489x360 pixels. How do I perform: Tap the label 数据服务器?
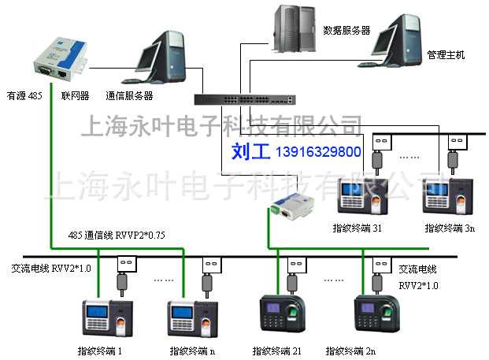coord(346,31)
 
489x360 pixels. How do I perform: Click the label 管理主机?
coord(446,56)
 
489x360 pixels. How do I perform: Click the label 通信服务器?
coord(129,96)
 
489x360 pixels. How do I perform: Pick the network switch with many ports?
coord(245,99)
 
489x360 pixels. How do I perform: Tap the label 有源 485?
coord(24,96)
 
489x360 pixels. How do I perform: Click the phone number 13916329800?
coord(319,150)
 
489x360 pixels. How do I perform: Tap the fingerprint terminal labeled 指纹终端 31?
coord(364,198)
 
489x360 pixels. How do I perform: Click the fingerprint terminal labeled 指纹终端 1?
coord(106,317)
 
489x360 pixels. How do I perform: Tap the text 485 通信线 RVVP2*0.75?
coord(117,235)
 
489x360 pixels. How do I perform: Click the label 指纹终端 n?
coord(192,350)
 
